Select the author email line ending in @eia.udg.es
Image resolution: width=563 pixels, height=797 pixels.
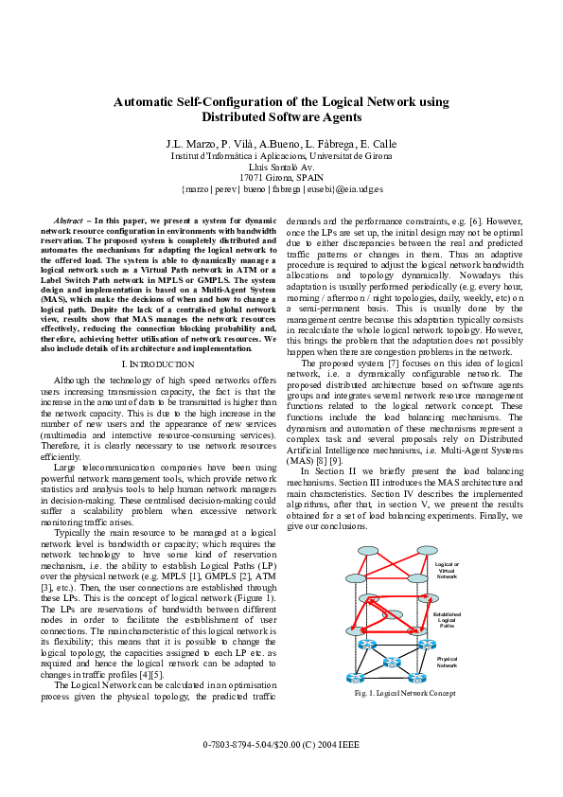pos(281,188)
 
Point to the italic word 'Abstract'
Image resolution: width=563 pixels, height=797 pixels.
pos(70,220)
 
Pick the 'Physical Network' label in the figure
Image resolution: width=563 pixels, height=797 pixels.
pos(447,662)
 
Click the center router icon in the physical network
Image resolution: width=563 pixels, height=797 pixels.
pos(392,662)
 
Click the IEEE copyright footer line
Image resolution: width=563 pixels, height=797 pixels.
pos(281,745)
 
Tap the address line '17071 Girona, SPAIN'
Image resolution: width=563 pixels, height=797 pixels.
pos(281,177)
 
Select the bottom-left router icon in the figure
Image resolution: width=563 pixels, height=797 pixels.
pos(355,678)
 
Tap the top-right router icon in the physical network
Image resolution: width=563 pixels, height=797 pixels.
pos(426,645)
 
